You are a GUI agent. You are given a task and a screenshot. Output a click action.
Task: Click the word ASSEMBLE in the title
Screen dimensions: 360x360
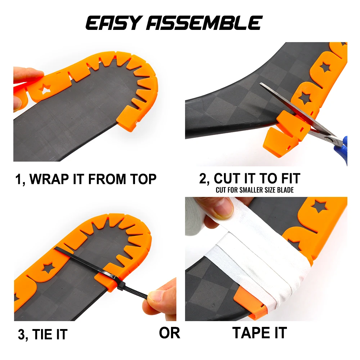pyautogui.click(x=203, y=23)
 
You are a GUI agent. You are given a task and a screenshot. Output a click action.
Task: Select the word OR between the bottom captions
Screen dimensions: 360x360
pyautogui.click(x=169, y=333)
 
